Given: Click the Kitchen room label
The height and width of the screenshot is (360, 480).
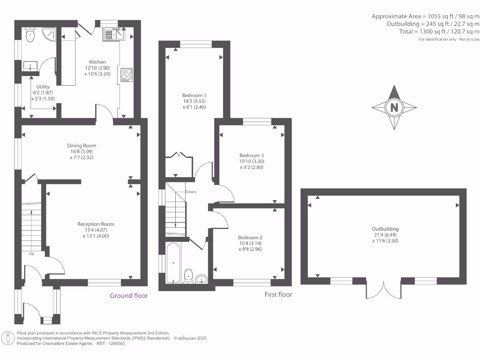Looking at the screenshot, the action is (97, 62).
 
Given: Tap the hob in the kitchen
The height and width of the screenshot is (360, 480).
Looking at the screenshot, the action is (127, 75).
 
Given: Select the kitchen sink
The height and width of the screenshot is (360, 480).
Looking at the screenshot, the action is (114, 34).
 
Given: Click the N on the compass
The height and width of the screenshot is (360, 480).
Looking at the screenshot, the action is (394, 107).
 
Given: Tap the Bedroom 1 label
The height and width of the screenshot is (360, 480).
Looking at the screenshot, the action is (194, 95).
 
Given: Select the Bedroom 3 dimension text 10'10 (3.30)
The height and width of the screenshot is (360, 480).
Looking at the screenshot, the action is (252, 161).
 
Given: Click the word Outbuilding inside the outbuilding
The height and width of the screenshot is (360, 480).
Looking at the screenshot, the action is (385, 229).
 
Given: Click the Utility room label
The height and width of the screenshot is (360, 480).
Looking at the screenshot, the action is (43, 87).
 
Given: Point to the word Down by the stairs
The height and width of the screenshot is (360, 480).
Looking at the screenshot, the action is (190, 192).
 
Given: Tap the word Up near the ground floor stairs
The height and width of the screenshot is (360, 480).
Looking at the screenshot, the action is (31, 254).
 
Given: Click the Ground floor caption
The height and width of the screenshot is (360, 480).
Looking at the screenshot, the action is (129, 295).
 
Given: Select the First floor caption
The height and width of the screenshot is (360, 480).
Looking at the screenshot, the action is (278, 294).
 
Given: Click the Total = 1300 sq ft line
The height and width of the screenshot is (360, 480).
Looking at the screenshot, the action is (439, 31).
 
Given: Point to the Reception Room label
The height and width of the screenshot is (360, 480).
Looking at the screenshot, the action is (96, 224).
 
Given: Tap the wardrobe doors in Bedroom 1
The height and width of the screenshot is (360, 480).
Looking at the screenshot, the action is (179, 155).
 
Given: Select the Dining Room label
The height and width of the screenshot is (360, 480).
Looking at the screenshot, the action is (82, 146).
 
